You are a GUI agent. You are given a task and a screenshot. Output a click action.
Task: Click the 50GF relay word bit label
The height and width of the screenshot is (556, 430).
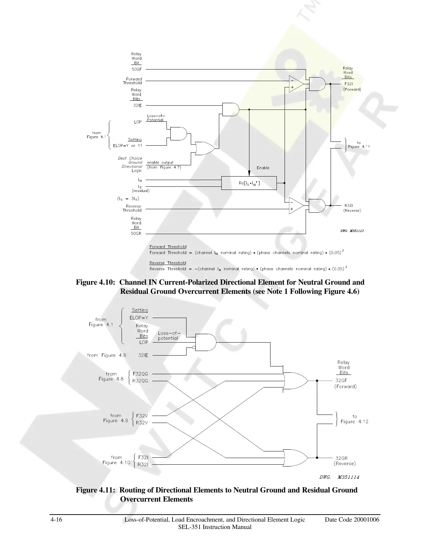137,69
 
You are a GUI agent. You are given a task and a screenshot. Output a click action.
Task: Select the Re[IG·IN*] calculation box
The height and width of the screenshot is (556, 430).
249,183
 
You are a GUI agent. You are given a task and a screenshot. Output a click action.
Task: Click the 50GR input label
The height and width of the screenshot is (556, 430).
136,233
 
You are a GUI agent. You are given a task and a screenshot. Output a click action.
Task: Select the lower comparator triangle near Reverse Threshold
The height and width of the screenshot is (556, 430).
296,206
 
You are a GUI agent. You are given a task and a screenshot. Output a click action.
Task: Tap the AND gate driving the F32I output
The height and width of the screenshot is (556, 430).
317,84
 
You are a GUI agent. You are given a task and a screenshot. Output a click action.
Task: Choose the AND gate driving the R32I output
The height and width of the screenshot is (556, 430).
317,206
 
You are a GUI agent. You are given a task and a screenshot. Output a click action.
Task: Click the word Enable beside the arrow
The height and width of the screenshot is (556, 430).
263,168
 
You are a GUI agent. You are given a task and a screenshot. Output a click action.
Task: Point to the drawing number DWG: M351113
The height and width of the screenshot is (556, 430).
351,231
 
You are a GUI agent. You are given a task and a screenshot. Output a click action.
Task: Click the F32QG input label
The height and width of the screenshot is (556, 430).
140,374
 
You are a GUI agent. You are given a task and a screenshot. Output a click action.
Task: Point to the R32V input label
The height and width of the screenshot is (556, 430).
142,423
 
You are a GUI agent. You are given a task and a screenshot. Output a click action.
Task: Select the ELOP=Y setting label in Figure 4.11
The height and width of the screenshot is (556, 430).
139,318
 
